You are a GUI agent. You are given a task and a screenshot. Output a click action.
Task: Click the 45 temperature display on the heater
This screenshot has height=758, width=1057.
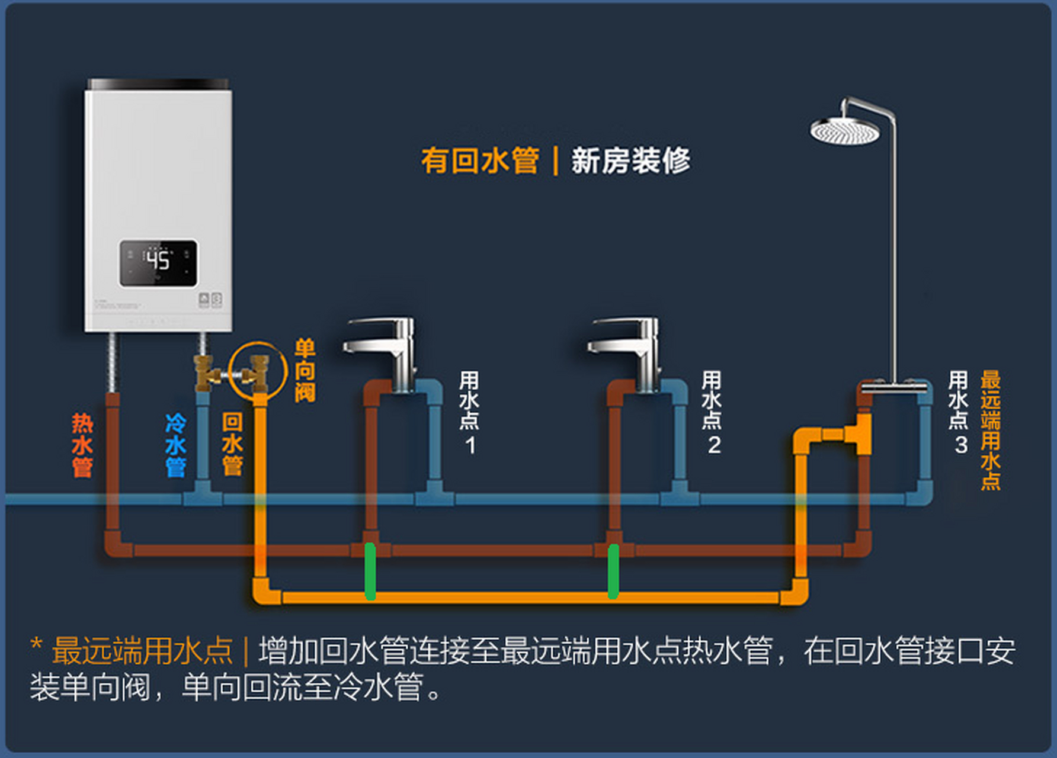(158, 261)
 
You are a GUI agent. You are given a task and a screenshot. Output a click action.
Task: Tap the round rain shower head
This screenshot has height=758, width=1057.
(844, 131)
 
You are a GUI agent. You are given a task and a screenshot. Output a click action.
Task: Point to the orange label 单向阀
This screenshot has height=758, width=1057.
(305, 370)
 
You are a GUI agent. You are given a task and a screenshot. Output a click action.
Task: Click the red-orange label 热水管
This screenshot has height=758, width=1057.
(82, 445)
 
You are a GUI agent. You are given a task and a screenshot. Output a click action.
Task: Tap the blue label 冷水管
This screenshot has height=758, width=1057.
(175, 445)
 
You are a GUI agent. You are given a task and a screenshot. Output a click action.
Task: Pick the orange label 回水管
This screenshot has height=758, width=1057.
(232, 444)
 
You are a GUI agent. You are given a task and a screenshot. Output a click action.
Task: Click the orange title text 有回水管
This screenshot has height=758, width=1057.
(480, 161)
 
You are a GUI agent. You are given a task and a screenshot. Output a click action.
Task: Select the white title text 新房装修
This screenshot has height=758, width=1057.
(630, 161)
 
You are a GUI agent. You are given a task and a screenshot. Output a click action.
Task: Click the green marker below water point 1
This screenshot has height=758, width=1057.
(370, 571)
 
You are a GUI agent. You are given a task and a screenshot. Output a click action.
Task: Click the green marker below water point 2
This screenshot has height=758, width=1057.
(613, 571)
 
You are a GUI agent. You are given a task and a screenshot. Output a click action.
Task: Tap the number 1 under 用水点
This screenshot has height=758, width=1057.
(470, 445)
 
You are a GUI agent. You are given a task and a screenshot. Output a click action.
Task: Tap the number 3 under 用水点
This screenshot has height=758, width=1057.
(960, 445)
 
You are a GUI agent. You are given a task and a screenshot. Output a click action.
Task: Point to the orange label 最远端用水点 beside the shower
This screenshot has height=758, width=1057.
(990, 431)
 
